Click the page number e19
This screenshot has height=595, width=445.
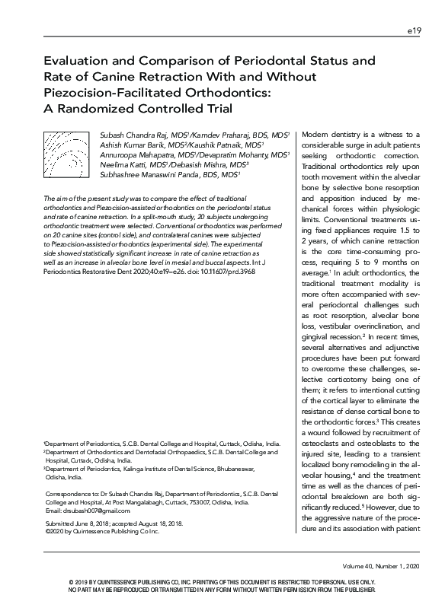pyautogui.click(x=415, y=31)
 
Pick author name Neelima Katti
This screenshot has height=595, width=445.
pyautogui.click(x=123, y=164)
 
